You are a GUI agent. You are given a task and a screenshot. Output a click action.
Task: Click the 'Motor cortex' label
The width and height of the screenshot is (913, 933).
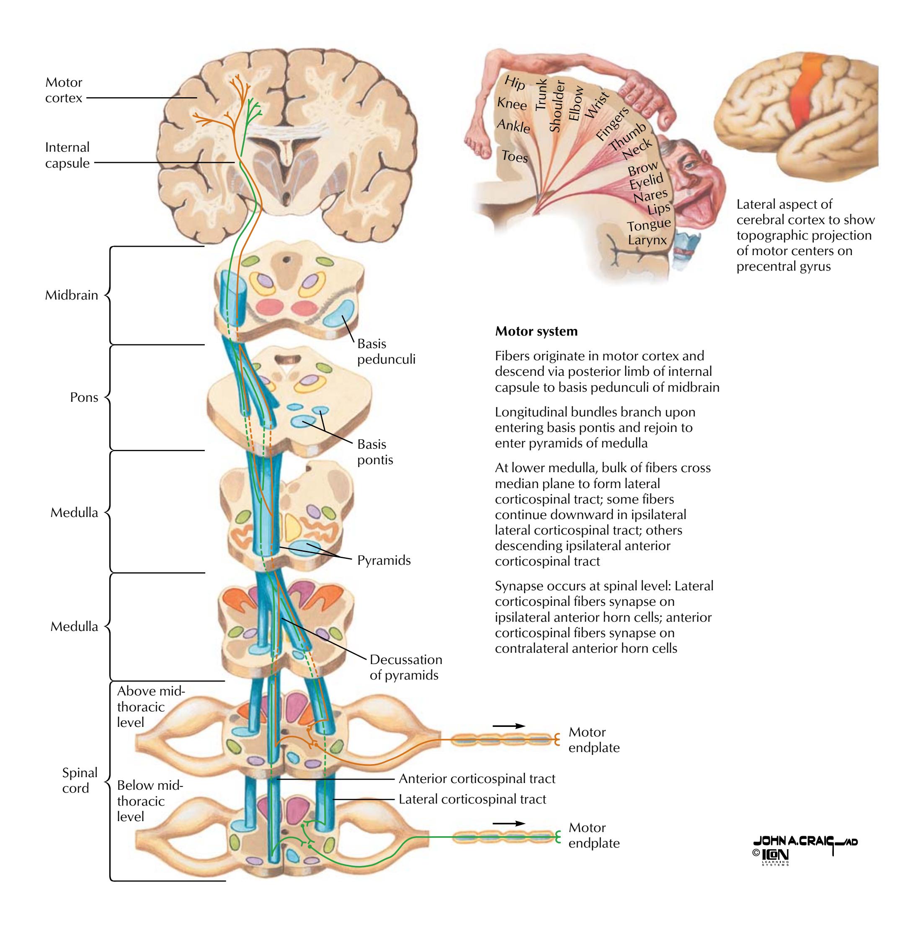click(x=64, y=90)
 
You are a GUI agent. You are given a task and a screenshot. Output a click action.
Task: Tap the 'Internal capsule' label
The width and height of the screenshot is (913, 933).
click(x=67, y=155)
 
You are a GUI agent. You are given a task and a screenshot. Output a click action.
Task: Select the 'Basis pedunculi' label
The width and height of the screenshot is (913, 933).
click(x=386, y=351)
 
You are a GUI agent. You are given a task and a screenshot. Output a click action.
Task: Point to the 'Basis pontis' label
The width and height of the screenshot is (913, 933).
click(x=375, y=452)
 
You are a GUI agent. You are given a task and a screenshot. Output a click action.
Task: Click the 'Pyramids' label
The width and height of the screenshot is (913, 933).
click(x=384, y=560)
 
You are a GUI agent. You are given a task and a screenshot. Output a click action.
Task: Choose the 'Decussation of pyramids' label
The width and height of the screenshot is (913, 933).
click(x=406, y=667)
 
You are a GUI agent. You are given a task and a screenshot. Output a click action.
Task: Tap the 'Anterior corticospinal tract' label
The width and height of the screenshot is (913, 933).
click(x=477, y=778)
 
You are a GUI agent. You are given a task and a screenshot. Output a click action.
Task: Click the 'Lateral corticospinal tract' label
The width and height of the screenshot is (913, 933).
click(x=472, y=799)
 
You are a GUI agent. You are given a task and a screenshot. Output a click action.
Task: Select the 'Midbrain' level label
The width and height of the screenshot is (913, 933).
click(x=72, y=295)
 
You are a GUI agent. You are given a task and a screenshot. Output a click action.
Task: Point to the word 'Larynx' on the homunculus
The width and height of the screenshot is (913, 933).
click(x=647, y=239)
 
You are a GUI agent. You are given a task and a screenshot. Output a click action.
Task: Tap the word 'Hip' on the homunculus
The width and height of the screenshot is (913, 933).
click(x=515, y=83)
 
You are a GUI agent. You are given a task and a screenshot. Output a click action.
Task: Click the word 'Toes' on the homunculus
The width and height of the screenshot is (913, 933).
click(x=515, y=156)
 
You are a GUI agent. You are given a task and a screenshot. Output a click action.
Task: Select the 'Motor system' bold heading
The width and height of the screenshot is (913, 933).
click(x=536, y=331)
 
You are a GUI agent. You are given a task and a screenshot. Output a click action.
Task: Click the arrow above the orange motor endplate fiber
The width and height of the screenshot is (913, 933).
click(x=509, y=726)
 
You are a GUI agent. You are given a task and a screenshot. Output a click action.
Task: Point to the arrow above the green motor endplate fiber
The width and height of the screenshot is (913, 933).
click(x=509, y=823)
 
